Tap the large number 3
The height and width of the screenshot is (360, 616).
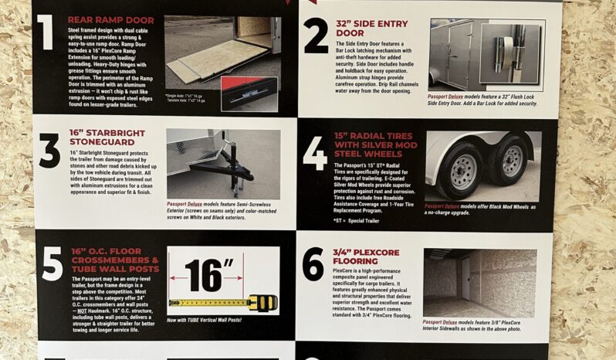[x=49, y=151]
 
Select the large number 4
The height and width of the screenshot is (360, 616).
[x=314, y=154]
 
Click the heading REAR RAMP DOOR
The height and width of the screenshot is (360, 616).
[x=110, y=19]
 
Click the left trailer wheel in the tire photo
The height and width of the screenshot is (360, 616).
[x=462, y=167]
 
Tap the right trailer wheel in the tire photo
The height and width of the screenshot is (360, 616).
[x=511, y=160]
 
